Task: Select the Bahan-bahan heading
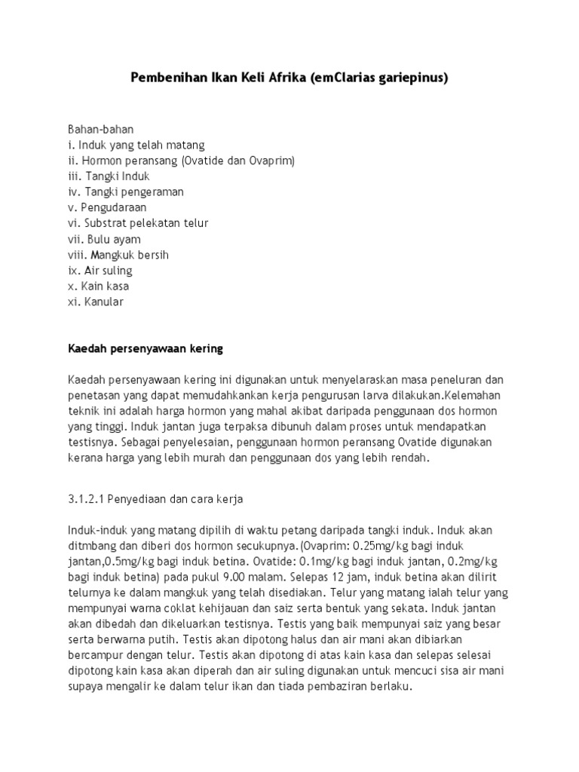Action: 101,129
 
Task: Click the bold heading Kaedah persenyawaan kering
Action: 146,349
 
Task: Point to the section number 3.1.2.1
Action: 90,498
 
